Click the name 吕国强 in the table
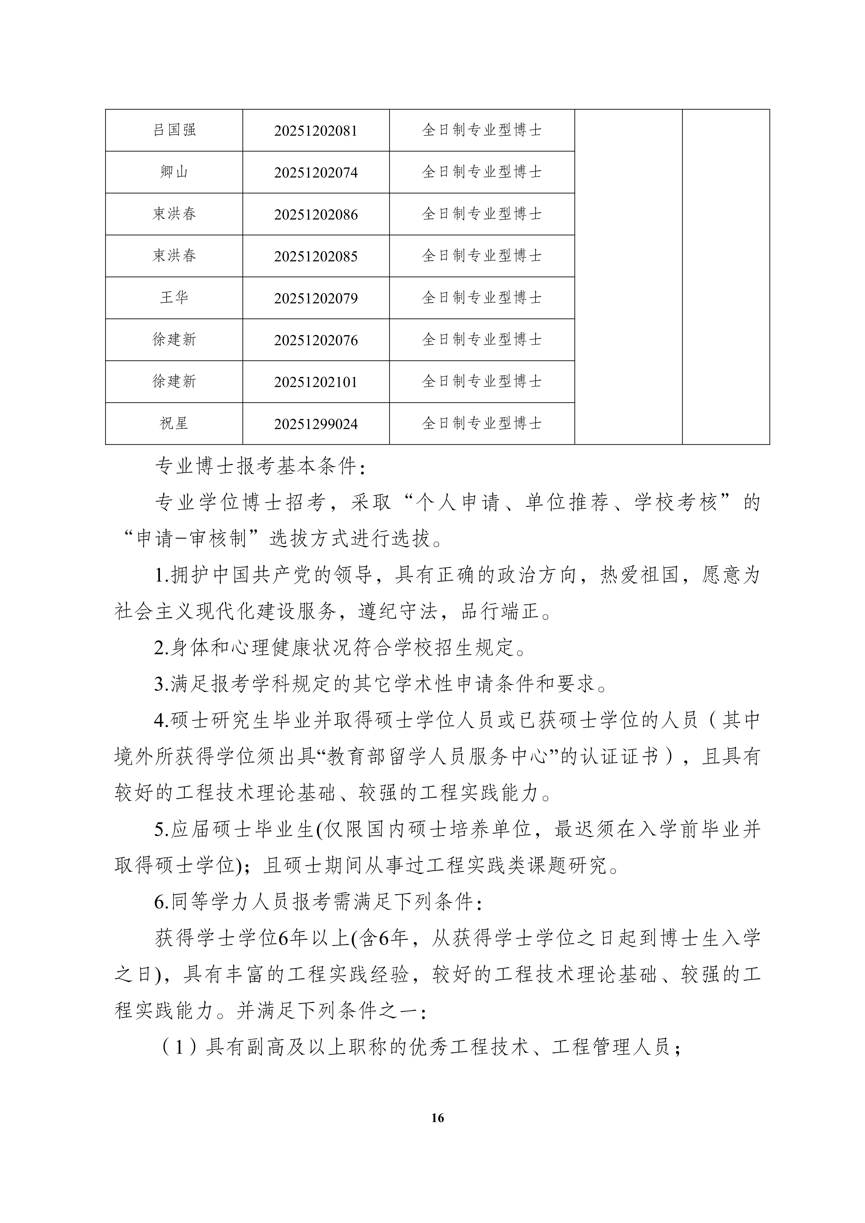pyautogui.click(x=174, y=130)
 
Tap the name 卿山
pyautogui.click(x=174, y=172)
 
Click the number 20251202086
pyautogui.click(x=316, y=215)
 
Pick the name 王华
pyautogui.click(x=174, y=298)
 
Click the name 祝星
pyautogui.click(x=174, y=424)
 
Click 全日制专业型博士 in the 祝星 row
pyautogui.click(x=482, y=424)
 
